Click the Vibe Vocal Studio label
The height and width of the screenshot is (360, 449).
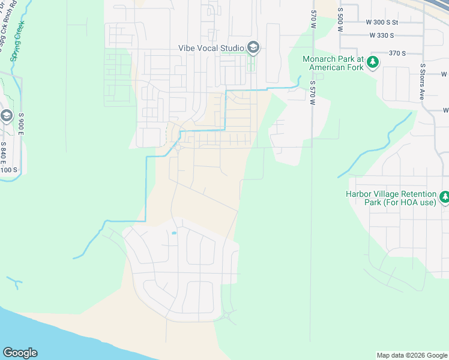click(211, 47)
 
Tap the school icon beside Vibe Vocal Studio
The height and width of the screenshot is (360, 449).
click(253, 47)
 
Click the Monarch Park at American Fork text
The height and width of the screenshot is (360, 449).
click(334, 63)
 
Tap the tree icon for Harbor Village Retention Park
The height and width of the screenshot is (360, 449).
click(445, 197)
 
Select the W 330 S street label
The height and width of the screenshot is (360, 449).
click(391, 35)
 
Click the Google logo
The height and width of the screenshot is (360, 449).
click(20, 353)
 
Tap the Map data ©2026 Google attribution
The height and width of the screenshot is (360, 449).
click(411, 355)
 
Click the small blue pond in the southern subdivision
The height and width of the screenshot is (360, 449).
click(174, 233)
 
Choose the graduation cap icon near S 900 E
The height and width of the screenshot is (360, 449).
click(6, 116)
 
